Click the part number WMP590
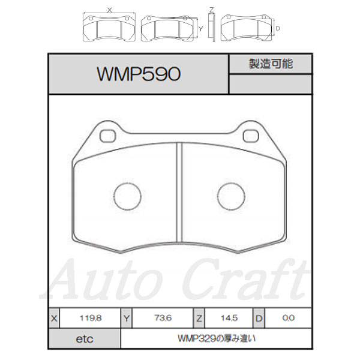[x=139, y=74]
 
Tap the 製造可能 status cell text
[x=271, y=64]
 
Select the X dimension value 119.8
[x=91, y=318]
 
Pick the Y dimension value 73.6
[x=163, y=318]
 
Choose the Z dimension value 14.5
[x=229, y=318]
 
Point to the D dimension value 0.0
[x=289, y=318]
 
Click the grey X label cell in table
[x=54, y=318]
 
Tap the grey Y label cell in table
[x=127, y=318]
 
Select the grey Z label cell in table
[x=199, y=318]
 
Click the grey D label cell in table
[x=259, y=318]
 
